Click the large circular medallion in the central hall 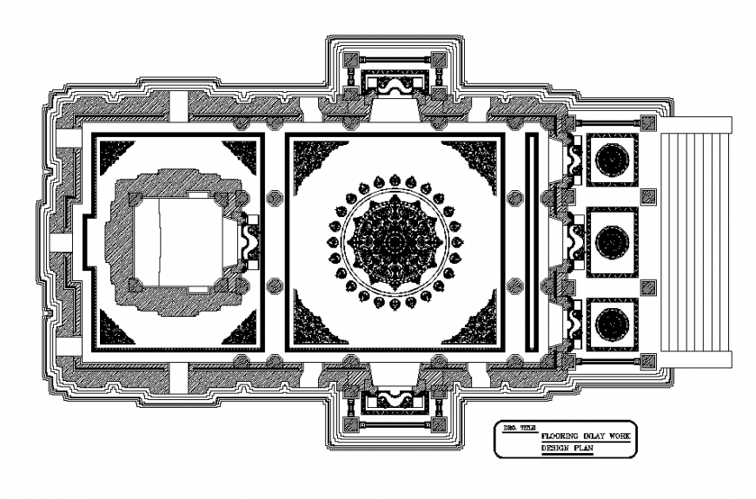click(x=395, y=241)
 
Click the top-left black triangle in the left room click(x=113, y=156)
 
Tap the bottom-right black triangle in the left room click(x=242, y=327)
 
